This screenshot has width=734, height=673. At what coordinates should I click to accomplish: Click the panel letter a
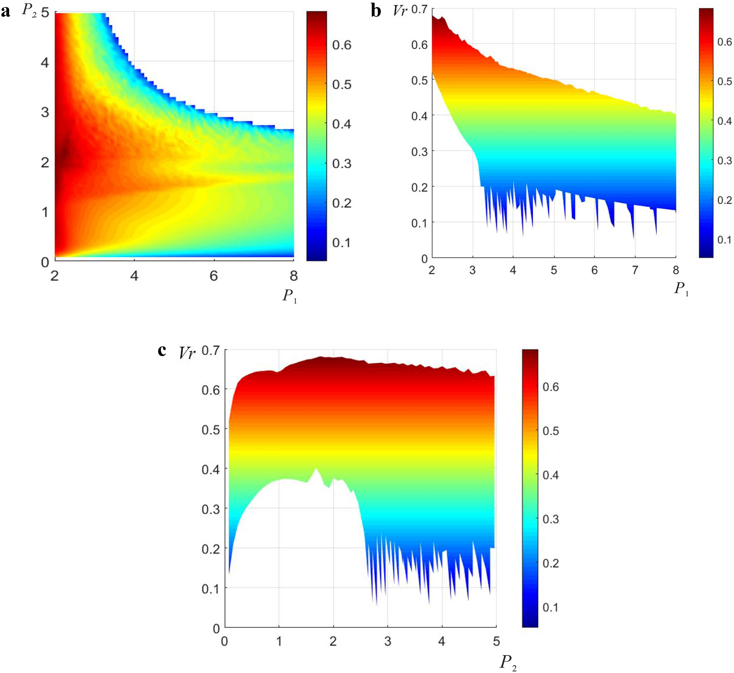[x=5, y=12]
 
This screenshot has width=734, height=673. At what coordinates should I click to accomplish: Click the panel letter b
[x=376, y=11]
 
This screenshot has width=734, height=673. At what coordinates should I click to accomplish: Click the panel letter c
[x=162, y=350]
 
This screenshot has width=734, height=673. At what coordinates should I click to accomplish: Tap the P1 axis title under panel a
[x=289, y=296]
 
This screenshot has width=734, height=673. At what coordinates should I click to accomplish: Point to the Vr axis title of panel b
[x=400, y=11]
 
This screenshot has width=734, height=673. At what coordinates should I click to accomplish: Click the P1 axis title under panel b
[x=681, y=289]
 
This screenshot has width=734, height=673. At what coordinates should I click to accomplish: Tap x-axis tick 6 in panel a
[x=214, y=276]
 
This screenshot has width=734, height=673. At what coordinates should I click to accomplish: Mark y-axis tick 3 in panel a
[x=45, y=112]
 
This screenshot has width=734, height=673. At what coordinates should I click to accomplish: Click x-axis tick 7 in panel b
[x=635, y=270]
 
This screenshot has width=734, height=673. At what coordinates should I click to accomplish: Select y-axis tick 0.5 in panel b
[x=419, y=80]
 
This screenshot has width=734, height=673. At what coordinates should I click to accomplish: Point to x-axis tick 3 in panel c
[x=387, y=642]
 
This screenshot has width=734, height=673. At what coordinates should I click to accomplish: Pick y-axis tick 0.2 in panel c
[x=210, y=549]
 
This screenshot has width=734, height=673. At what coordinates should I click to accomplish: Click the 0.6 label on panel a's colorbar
[x=342, y=45]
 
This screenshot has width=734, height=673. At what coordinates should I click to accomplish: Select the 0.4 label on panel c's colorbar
[x=551, y=475]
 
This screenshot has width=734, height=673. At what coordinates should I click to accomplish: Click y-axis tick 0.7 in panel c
[x=210, y=351]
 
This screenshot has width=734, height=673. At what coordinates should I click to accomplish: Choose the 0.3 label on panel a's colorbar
[x=342, y=164]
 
